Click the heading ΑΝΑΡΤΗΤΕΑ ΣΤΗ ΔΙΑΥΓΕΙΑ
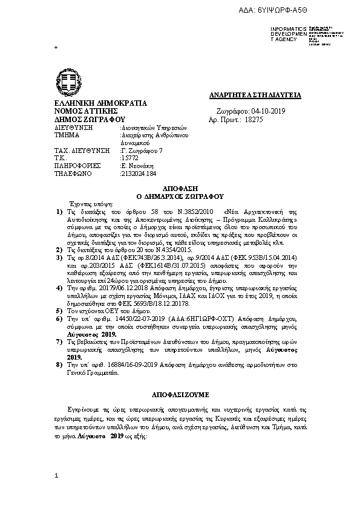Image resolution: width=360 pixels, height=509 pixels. coord(252,96)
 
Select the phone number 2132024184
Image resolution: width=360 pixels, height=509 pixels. coord(138,173)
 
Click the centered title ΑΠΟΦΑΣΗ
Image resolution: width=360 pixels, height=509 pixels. coord(180,189)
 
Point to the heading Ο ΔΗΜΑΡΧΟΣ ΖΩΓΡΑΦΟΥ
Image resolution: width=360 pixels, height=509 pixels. coord(180,196)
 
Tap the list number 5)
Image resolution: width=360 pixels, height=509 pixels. coord(59,309)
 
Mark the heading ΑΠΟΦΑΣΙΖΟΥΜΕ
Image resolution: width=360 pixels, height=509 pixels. coord(180,395)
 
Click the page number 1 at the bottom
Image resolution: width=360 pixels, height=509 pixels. coord(56,476)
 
